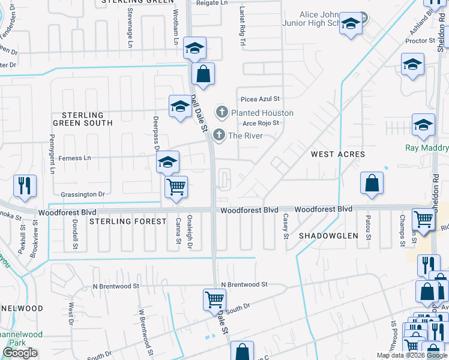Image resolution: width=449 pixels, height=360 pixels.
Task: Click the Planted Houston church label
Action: pyautogui.click(x=262, y=113)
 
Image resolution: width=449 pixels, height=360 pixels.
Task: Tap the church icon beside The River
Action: pyautogui.click(x=219, y=135)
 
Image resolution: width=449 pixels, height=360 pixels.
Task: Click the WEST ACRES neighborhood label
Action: pyautogui.click(x=338, y=154)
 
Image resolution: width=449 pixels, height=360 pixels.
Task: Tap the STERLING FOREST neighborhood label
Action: pyautogui.click(x=128, y=221)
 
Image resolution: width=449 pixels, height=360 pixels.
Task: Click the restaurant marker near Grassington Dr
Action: pyautogui.click(x=25, y=186)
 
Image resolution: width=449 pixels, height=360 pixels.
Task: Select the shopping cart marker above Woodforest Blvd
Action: pyautogui.click(x=176, y=187)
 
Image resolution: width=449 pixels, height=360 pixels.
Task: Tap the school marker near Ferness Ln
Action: pyautogui.click(x=167, y=162)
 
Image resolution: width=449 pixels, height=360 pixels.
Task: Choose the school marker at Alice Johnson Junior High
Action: pyautogui.click(x=351, y=25)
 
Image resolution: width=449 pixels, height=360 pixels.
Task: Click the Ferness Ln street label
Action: pyautogui.click(x=74, y=158)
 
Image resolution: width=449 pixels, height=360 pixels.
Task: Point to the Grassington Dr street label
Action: pyautogui.click(x=83, y=194)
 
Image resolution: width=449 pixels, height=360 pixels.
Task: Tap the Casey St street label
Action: pyautogui.click(x=286, y=226)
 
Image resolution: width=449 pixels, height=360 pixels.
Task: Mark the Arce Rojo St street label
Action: pyautogui.click(x=261, y=123)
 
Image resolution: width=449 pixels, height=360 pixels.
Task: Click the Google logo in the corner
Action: pyautogui.click(x=20, y=353)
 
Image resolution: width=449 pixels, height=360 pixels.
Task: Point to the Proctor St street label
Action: pyautogui.click(x=420, y=41)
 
